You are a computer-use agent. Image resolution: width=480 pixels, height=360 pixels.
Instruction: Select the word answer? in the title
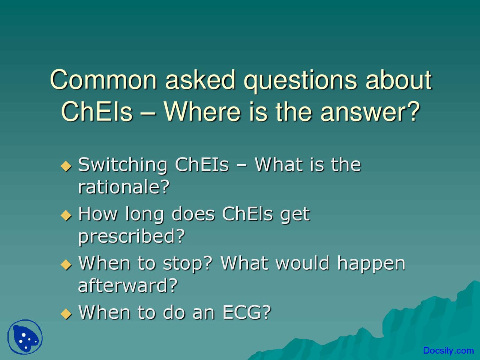coord(370,111)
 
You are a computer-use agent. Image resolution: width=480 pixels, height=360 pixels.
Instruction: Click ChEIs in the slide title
coord(97,111)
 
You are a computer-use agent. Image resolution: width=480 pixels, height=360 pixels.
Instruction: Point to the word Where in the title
coord(202,111)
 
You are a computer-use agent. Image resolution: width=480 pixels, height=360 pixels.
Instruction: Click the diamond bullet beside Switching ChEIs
coord(66,166)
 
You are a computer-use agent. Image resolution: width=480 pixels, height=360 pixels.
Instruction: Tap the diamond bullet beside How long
coord(66,215)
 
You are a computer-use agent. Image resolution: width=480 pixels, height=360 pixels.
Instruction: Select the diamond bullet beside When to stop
coord(66,264)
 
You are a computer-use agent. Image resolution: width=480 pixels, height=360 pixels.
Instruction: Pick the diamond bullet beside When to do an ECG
coord(66,314)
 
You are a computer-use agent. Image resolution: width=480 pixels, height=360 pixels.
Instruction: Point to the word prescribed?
coord(132,237)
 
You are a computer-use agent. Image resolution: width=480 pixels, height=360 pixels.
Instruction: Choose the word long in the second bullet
coord(144,215)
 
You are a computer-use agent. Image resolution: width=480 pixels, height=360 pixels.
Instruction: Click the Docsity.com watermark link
coord(448,350)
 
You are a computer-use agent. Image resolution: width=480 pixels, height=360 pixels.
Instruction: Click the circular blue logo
coord(25,337)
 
